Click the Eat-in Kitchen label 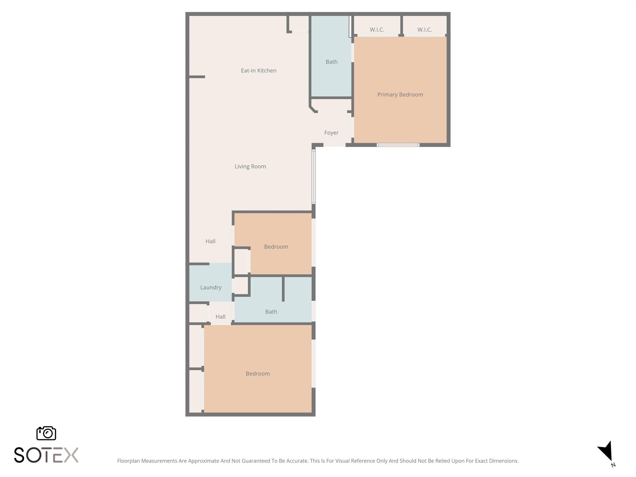coord(258,70)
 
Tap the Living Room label coord(250,166)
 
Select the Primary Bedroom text coord(400,94)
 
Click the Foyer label coord(331,133)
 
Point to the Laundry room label coord(211,287)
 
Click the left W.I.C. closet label coord(377,30)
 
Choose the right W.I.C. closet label coord(424,30)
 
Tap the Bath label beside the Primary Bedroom coord(331,62)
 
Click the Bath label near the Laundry coord(271,311)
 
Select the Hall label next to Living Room coord(210,241)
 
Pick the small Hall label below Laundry coord(220,316)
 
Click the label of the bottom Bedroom coord(257,373)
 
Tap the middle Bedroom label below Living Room coord(276,247)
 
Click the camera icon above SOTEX coord(46,433)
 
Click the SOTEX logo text coord(46,455)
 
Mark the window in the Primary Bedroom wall coord(398,145)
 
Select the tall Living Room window coord(313,176)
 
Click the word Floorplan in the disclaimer coord(128,461)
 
